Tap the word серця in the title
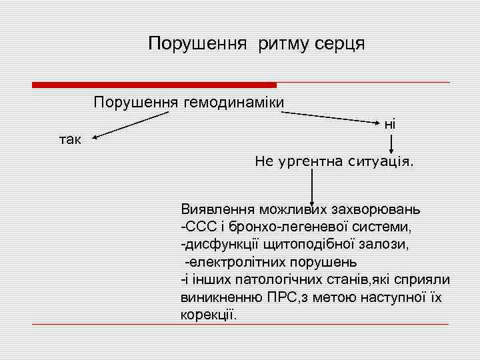(338, 45)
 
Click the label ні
(390, 123)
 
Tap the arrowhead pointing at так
(95, 139)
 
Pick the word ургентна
(307, 161)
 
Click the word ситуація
(380, 161)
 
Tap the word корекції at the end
(209, 313)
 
